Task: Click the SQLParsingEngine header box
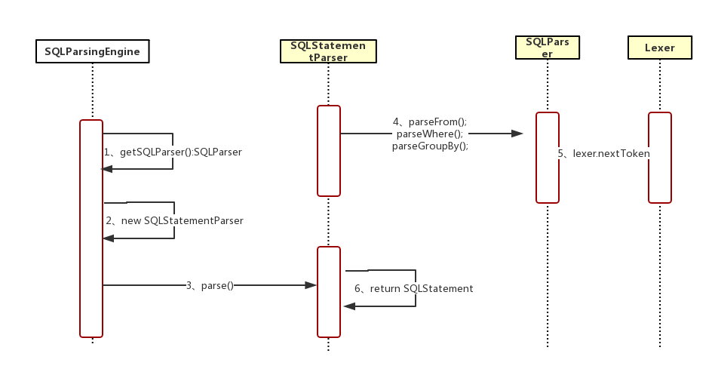click(92, 51)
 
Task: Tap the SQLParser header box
click(547, 48)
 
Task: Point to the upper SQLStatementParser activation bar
click(329, 151)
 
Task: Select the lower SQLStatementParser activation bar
click(329, 291)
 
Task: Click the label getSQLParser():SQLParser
click(173, 152)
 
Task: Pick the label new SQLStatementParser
click(174, 221)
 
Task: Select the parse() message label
click(210, 285)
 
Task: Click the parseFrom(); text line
click(430, 121)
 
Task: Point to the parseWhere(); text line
click(431, 134)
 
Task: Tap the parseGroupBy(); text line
click(431, 146)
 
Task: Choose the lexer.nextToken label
click(603, 153)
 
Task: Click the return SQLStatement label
click(414, 288)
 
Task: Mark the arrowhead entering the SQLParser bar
click(518, 134)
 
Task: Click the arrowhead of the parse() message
click(310, 285)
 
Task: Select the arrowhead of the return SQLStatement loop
click(348, 306)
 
